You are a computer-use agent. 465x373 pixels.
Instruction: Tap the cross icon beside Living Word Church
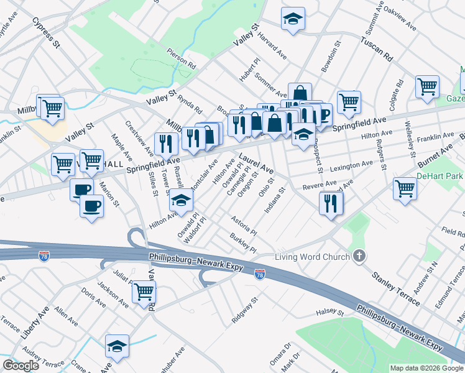coord(359,256)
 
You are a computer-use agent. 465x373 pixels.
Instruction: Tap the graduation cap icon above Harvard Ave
coord(292,19)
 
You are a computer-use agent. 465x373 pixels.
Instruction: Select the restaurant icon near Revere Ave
coord(331,202)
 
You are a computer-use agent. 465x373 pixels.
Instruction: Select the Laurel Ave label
coord(255,163)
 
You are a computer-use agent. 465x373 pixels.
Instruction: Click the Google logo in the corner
coord(21,366)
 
